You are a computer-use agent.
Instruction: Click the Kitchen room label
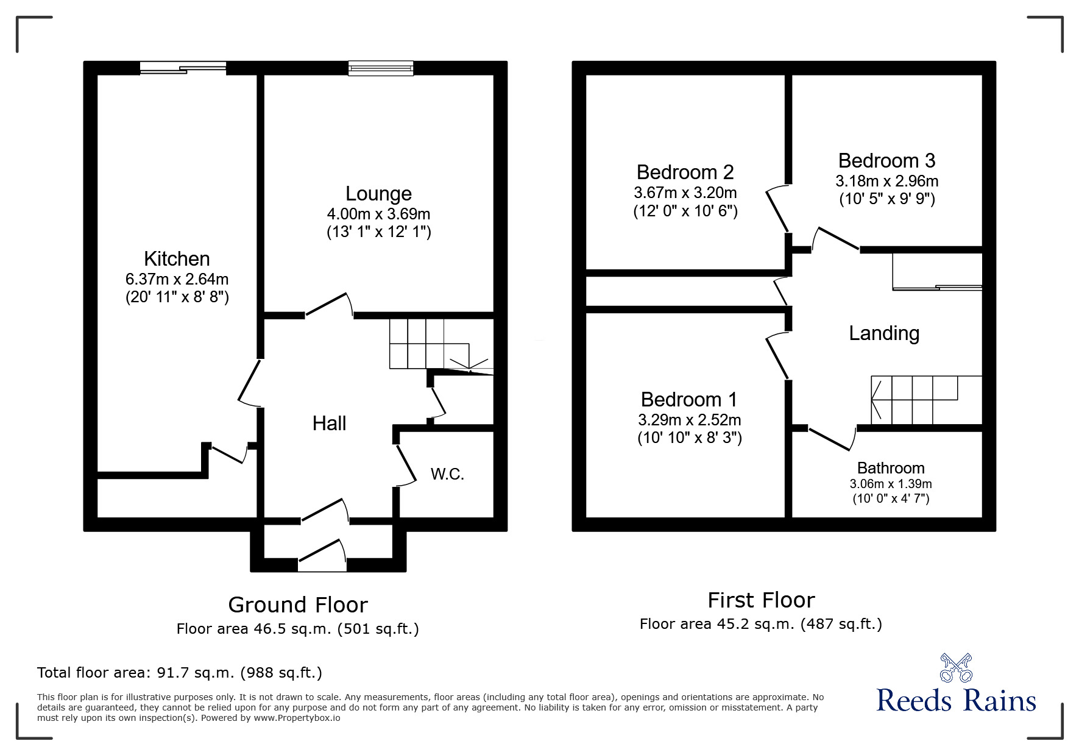coord(177,259)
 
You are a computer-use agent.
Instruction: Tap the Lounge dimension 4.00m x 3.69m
coord(378,214)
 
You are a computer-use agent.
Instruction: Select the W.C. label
coord(447,474)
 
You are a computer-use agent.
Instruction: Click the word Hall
coord(329,424)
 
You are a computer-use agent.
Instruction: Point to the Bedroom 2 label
coord(685,172)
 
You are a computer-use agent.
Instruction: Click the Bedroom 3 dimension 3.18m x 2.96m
coord(886,182)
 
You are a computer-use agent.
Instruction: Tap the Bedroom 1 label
coord(688,400)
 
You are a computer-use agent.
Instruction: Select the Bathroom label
coord(890,468)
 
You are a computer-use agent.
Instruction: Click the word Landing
coord(884,333)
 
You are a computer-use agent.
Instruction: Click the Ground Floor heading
coord(298,605)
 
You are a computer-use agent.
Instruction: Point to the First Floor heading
coord(761,600)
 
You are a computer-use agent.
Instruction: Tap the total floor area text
coord(180,673)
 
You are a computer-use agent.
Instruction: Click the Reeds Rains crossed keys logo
coord(956,667)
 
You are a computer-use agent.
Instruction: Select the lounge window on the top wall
coord(381,68)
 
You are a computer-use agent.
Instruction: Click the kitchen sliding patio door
coord(183,68)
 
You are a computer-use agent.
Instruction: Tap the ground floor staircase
coord(430,344)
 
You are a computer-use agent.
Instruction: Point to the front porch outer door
coord(322,556)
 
